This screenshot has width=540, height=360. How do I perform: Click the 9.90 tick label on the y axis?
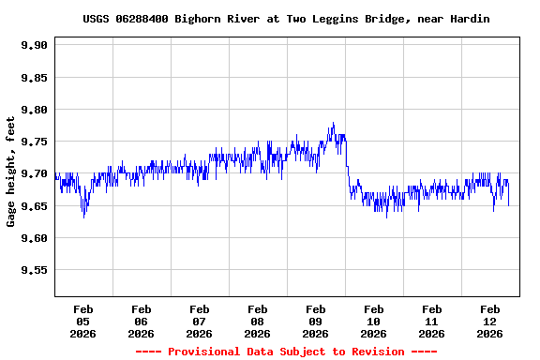(x=34, y=45)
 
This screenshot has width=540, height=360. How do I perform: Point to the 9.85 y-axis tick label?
(x=34, y=77)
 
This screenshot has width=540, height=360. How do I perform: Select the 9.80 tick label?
(x=34, y=110)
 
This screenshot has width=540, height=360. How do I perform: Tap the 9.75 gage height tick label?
(x=34, y=142)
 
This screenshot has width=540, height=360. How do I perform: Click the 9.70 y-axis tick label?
(x=34, y=173)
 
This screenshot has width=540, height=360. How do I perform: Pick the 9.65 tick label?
(x=34, y=206)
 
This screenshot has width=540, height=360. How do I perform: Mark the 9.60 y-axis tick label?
(x=34, y=238)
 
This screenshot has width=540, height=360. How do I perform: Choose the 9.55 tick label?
(x=34, y=270)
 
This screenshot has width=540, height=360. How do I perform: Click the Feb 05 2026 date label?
(x=82, y=321)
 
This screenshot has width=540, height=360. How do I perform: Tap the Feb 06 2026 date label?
(x=141, y=321)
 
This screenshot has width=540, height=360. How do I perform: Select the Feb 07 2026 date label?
(x=199, y=321)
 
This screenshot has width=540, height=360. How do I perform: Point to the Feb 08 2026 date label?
(x=257, y=321)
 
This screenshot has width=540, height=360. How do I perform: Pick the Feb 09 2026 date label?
(x=315, y=321)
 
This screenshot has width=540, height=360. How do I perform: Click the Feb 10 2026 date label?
(x=373, y=321)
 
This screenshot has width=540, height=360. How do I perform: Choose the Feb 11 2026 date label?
(x=431, y=321)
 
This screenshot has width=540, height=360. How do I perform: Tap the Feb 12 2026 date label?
(x=489, y=321)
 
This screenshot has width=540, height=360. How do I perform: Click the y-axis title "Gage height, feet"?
(x=11, y=172)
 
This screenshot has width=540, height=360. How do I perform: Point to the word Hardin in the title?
(x=470, y=19)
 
